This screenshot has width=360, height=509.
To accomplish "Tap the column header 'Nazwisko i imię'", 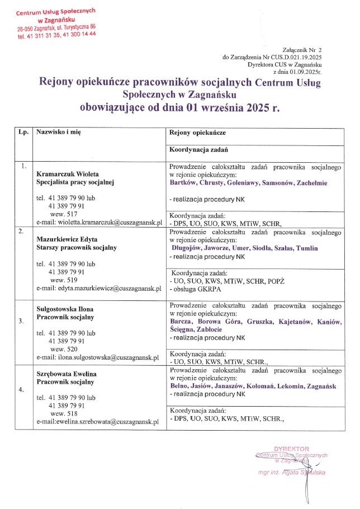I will [x=59, y=135].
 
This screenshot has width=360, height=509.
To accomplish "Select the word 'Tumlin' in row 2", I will [x=307, y=248].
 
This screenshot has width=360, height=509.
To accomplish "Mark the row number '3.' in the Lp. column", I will [x=21, y=322].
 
